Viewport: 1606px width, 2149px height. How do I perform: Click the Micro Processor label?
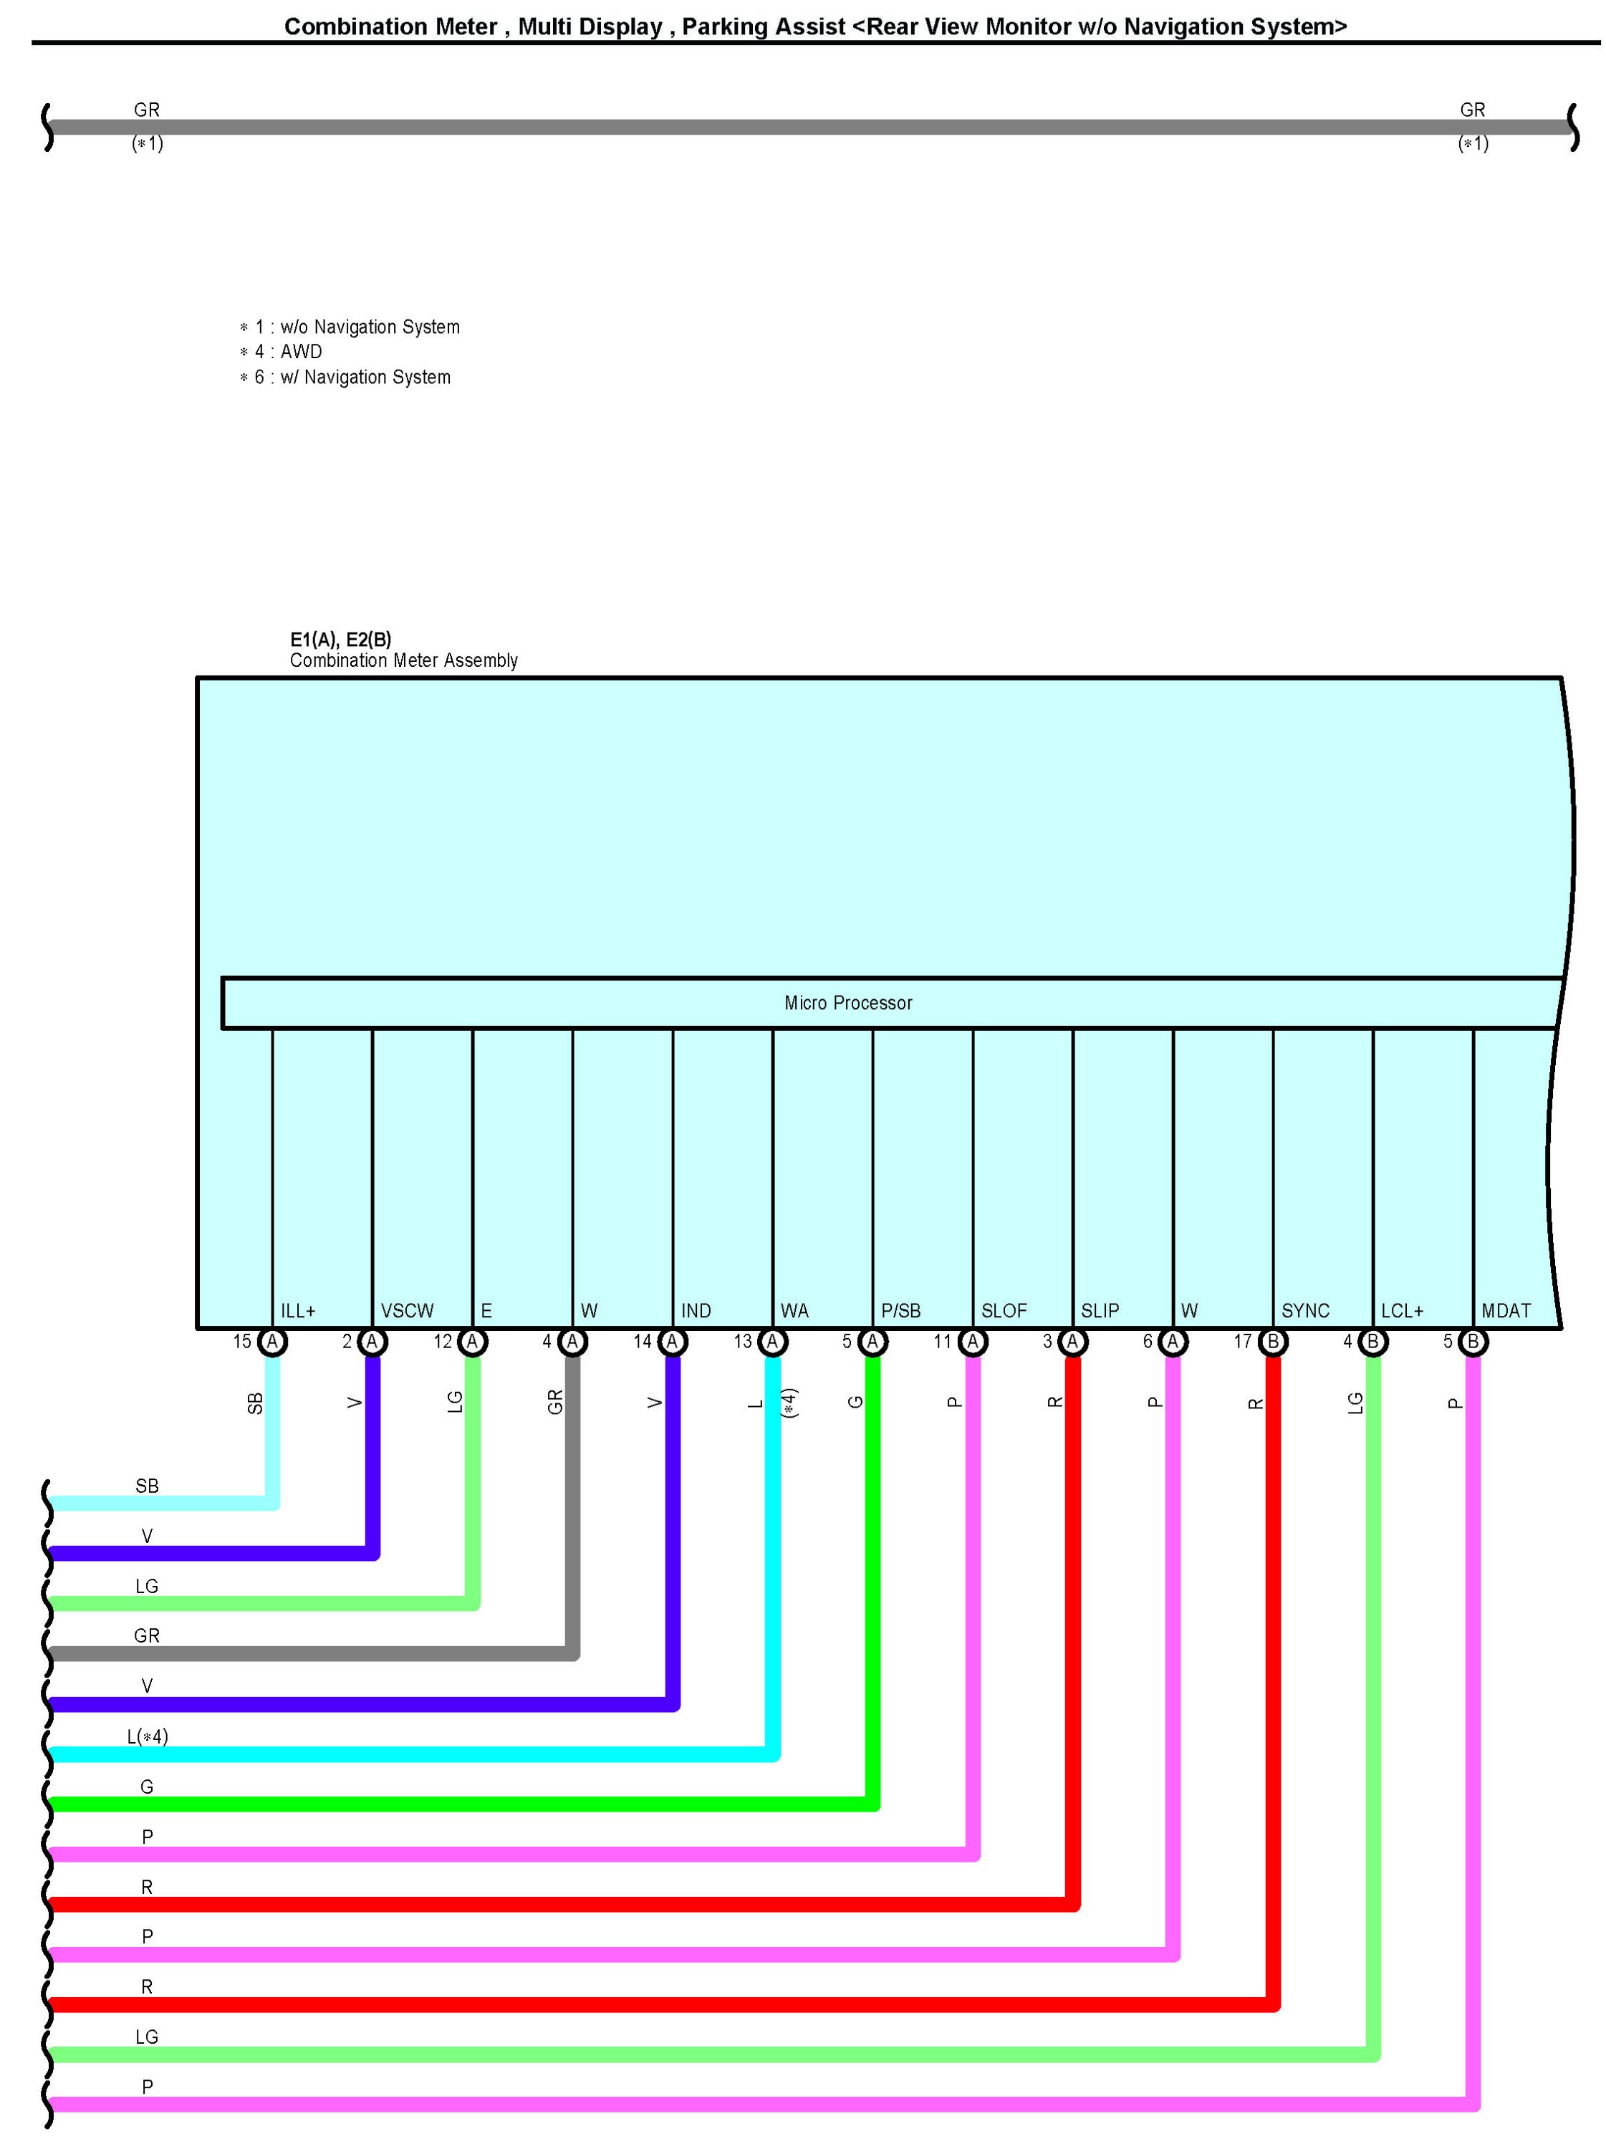click(x=847, y=1003)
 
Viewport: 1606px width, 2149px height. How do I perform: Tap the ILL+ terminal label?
click(x=297, y=1311)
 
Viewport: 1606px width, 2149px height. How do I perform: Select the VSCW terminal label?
click(x=407, y=1311)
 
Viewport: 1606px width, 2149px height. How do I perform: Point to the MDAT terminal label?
click(x=1505, y=1311)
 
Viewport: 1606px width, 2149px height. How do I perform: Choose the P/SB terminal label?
click(x=900, y=1311)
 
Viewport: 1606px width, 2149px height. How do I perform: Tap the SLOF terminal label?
click(x=1003, y=1311)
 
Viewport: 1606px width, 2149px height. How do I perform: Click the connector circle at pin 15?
click(x=273, y=1342)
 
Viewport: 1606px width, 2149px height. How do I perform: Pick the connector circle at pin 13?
click(x=772, y=1342)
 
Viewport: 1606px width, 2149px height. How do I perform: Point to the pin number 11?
click(x=941, y=1342)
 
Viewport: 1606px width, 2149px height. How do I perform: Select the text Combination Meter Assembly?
click(x=403, y=660)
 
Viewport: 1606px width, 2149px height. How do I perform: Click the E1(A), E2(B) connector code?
click(x=340, y=639)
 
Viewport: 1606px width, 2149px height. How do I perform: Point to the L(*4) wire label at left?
click(x=148, y=1736)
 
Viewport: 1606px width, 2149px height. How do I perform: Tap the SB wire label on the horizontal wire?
click(x=147, y=1486)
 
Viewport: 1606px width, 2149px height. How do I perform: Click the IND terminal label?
click(x=696, y=1311)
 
